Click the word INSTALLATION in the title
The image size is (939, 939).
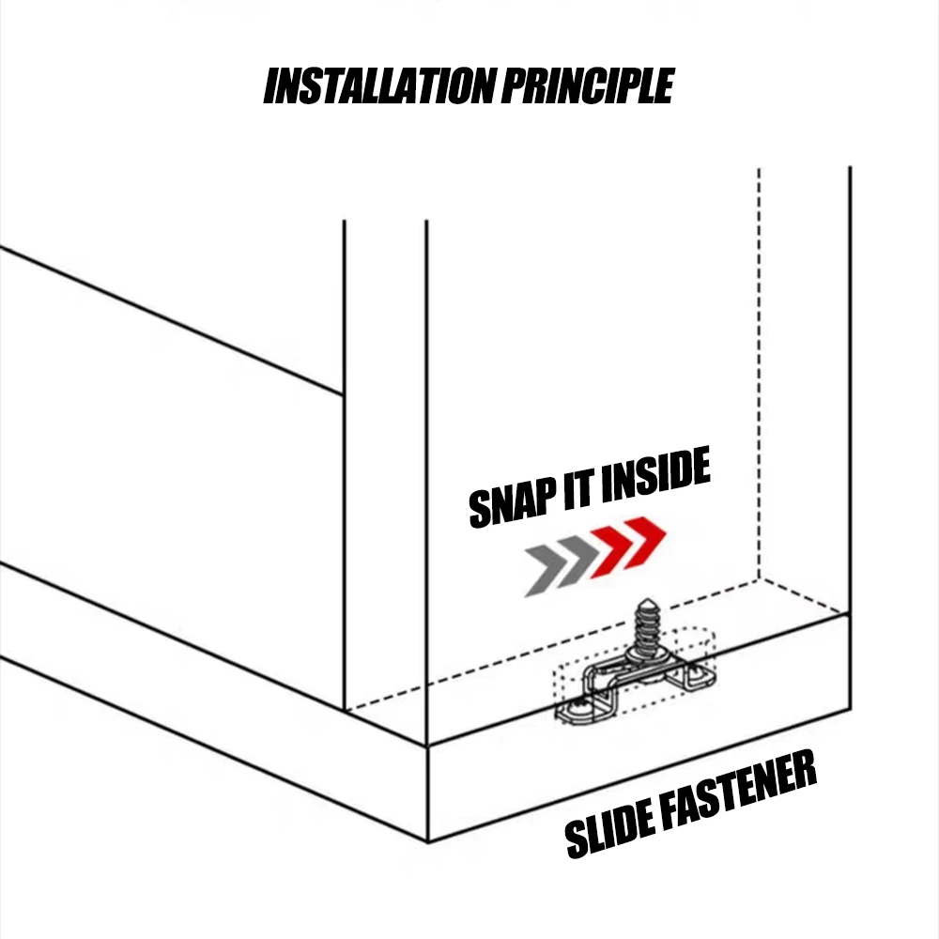click(x=379, y=85)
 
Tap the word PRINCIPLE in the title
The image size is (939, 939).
click(x=588, y=85)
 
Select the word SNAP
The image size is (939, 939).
click(x=513, y=505)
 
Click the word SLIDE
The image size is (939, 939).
click(x=611, y=829)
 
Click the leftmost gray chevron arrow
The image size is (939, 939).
click(x=545, y=571)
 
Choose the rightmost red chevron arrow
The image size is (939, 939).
click(x=644, y=542)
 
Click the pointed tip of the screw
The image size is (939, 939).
click(x=646, y=599)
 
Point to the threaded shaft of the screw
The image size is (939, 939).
click(x=647, y=625)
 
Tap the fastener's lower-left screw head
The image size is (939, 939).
click(x=577, y=710)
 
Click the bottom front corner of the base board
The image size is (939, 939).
click(x=427, y=842)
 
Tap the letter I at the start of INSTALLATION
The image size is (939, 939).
click(x=271, y=86)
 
